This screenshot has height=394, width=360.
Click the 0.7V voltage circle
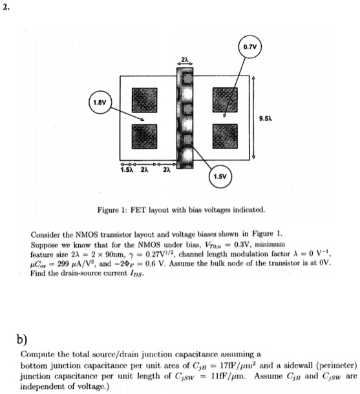249,47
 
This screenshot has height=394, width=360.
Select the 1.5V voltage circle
220,178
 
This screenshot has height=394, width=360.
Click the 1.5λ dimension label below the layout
127,170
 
